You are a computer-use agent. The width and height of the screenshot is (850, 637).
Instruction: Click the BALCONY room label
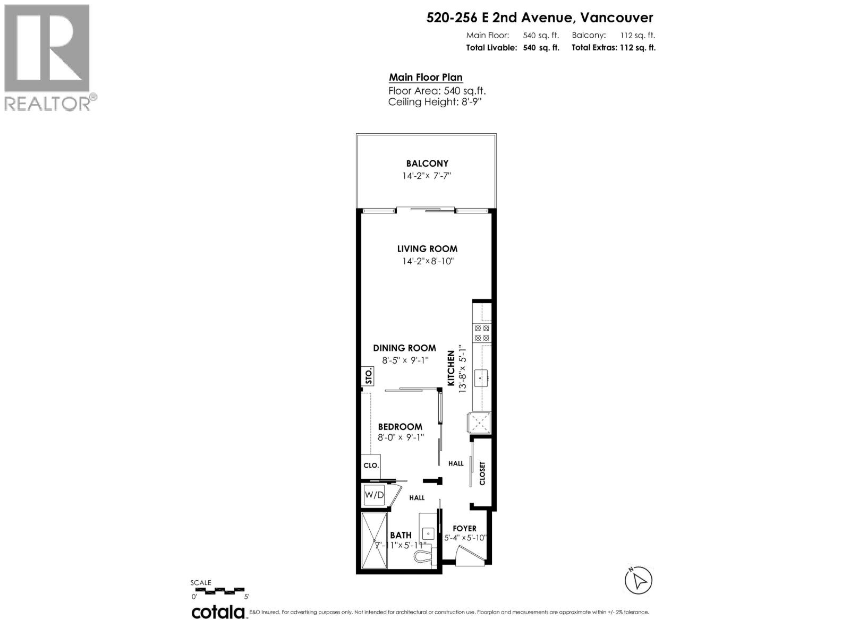click(x=427, y=163)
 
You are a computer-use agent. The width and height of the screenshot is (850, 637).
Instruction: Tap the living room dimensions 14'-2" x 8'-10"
click(x=427, y=261)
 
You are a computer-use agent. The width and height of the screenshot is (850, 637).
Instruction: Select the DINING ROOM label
click(x=404, y=348)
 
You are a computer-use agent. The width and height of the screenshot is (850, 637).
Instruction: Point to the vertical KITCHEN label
click(x=451, y=368)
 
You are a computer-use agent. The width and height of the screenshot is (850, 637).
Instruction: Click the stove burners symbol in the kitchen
click(x=482, y=333)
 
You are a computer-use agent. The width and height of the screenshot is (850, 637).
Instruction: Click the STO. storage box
click(x=368, y=376)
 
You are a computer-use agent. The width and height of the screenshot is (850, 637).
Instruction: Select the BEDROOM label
click(x=400, y=427)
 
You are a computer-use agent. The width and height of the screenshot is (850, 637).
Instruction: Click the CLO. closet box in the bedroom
click(x=371, y=465)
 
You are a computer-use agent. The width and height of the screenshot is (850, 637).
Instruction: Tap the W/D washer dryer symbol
click(x=374, y=495)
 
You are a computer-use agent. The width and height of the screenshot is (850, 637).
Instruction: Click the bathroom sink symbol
click(x=428, y=532)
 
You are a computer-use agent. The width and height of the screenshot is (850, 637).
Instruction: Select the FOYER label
click(x=464, y=529)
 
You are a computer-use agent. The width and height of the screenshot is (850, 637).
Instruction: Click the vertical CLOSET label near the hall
click(x=482, y=473)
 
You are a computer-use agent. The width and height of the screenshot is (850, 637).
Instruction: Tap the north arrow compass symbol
click(x=638, y=580)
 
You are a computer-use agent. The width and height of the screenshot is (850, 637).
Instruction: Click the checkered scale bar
click(x=218, y=590)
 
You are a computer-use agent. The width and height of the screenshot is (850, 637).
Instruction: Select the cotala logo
click(x=218, y=613)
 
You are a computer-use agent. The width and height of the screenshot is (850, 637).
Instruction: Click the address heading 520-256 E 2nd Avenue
click(x=540, y=18)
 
